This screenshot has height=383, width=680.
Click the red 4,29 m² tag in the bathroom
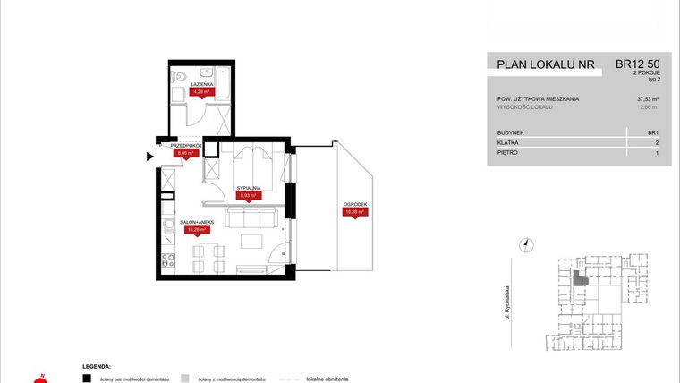(200, 91)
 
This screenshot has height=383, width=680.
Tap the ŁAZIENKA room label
(200, 83)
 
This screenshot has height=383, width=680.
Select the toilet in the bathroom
(179, 76)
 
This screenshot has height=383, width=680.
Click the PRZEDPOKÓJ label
(186, 145)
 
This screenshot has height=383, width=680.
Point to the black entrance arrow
(149, 157)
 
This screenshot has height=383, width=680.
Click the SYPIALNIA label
(248, 188)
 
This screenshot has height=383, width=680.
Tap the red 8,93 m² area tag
(248, 195)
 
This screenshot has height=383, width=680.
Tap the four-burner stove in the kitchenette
(166, 260)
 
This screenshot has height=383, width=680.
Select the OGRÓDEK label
(354, 204)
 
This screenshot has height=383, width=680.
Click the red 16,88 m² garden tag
(354, 212)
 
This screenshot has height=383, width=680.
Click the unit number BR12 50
(639, 64)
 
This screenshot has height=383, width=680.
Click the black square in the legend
(86, 378)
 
